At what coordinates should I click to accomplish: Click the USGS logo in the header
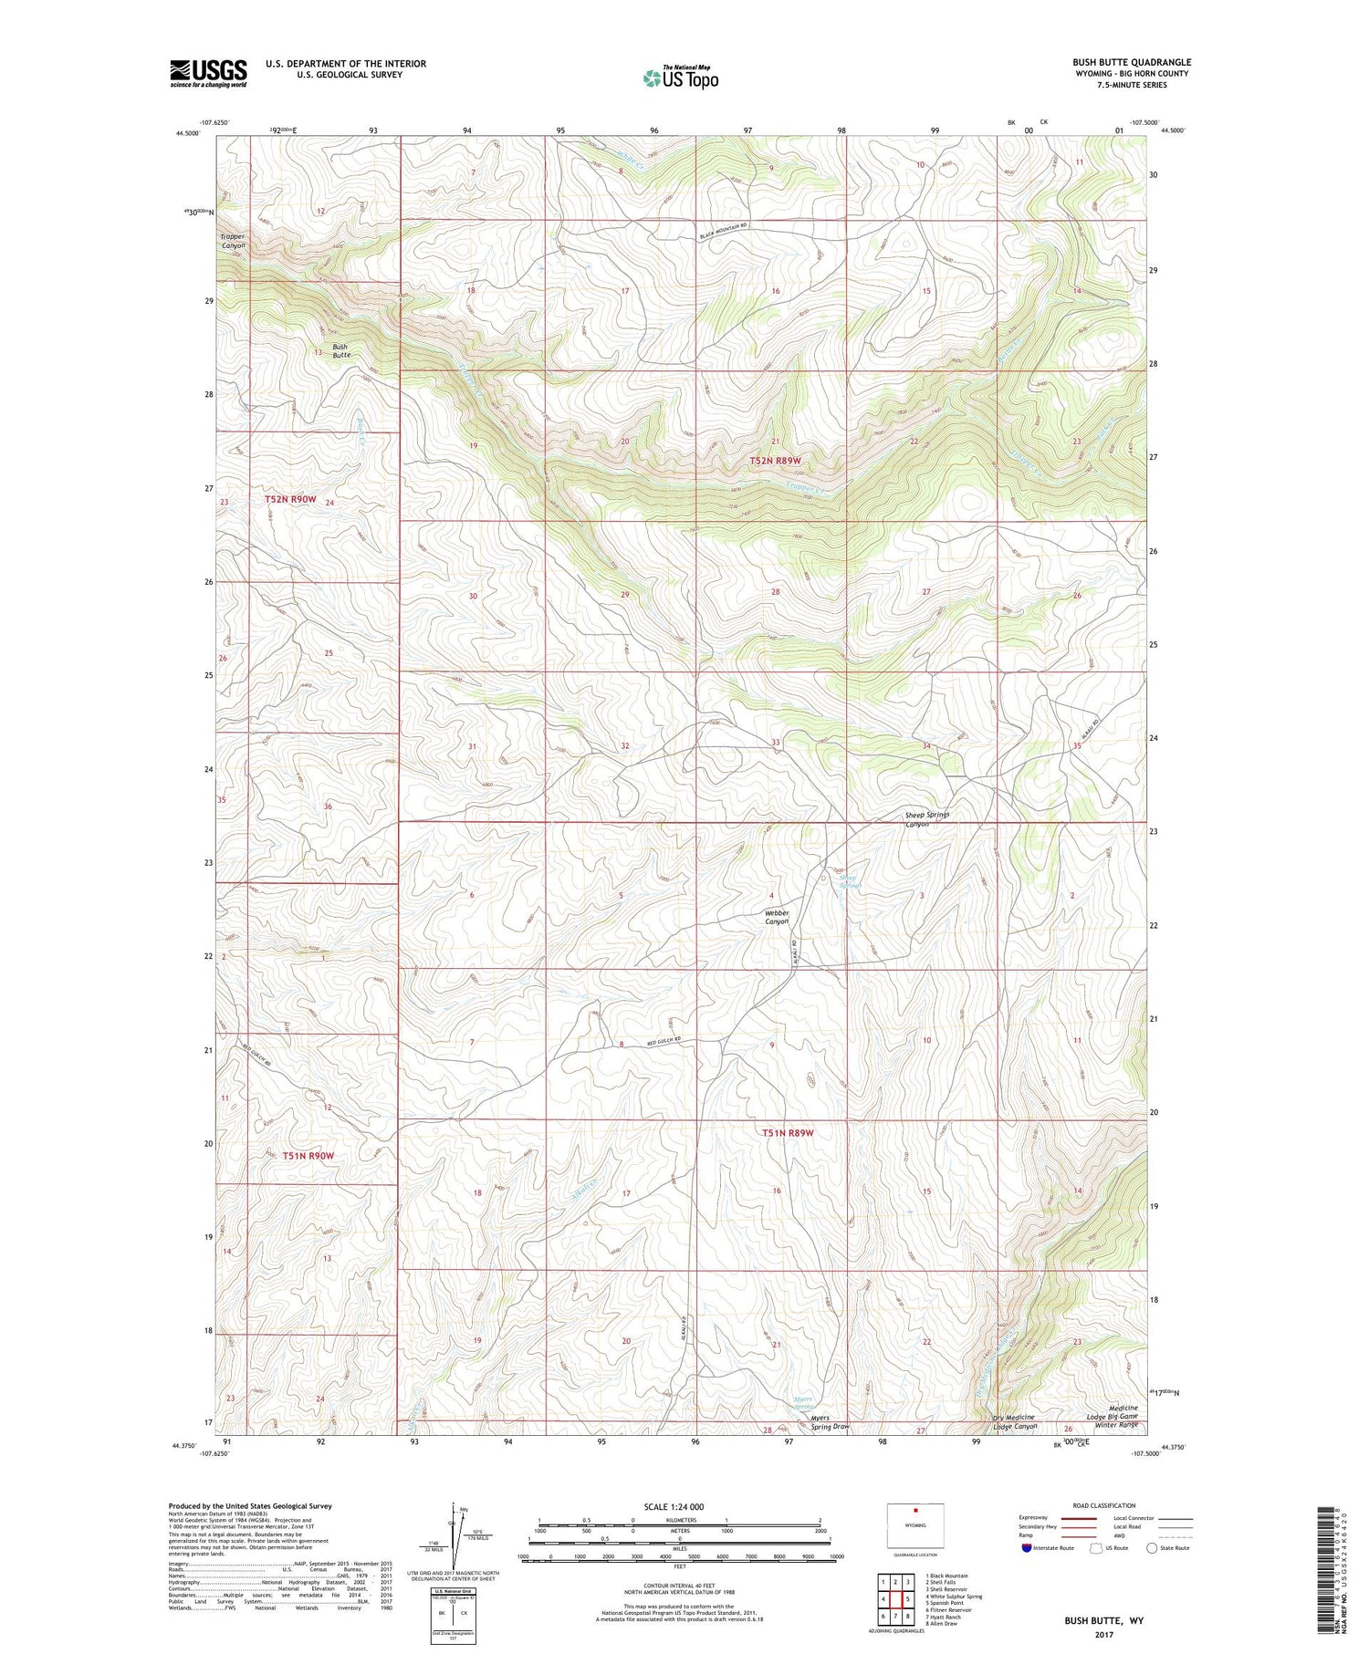[x=208, y=73]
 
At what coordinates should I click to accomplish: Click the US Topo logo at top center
[x=680, y=78]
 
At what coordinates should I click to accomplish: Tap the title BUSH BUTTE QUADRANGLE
[x=1132, y=62]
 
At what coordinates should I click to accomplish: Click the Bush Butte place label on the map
[x=340, y=350]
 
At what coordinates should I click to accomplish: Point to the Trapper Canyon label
[x=233, y=241]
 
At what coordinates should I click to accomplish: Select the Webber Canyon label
[x=777, y=917]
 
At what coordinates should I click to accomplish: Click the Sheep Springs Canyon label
[x=926, y=818]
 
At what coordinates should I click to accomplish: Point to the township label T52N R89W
[x=781, y=462]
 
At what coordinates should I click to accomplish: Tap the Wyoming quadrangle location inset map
[x=915, y=1525]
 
